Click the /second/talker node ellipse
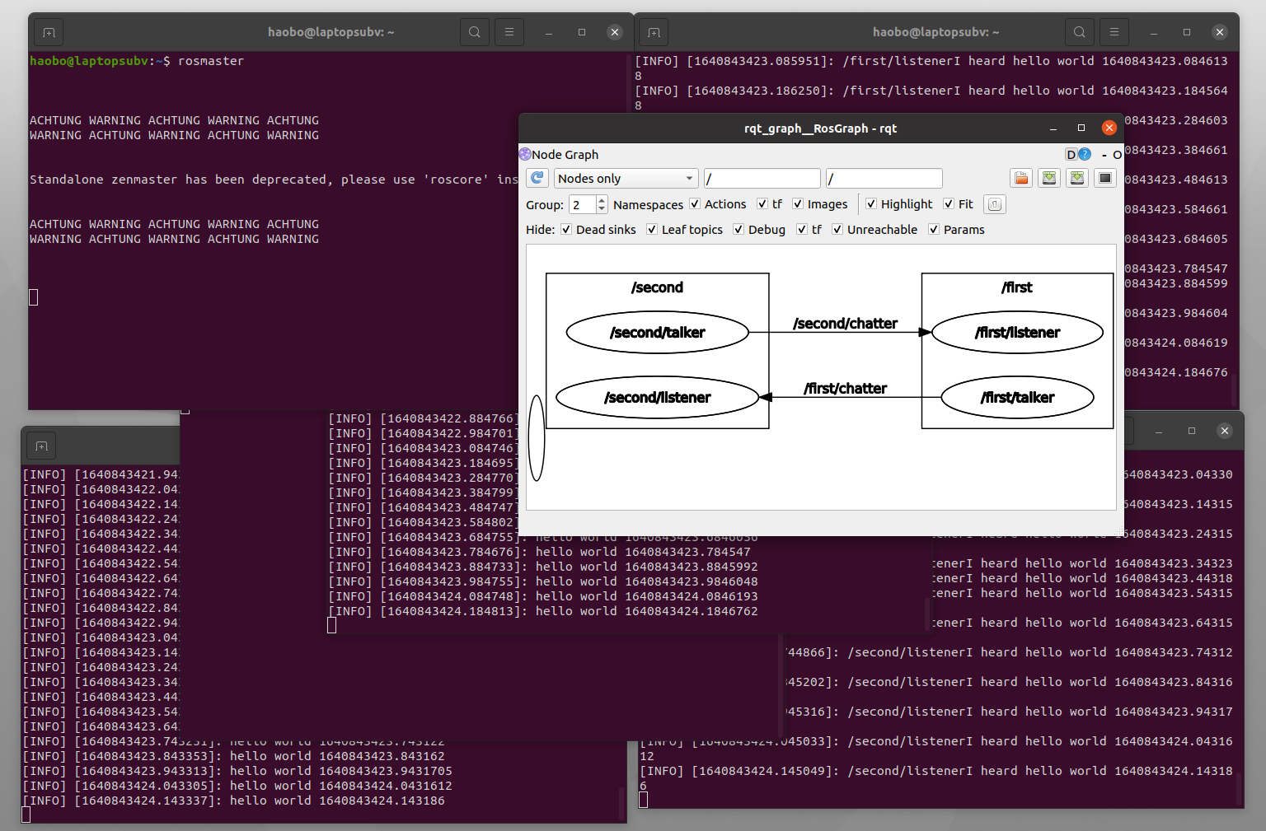click(657, 333)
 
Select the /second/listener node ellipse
click(657, 398)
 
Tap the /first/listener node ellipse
click(1017, 333)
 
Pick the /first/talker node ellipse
click(1017, 398)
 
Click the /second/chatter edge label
click(845, 324)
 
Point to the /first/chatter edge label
click(845, 389)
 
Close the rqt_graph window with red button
click(1109, 128)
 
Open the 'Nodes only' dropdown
click(626, 179)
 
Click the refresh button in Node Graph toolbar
click(537, 178)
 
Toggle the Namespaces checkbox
click(695, 204)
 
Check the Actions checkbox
click(762, 204)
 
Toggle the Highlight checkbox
click(871, 204)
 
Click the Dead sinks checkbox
click(566, 230)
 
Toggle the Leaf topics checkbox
click(652, 230)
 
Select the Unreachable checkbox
click(837, 230)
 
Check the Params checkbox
click(934, 230)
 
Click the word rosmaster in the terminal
click(211, 61)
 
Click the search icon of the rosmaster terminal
click(474, 32)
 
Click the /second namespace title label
click(657, 287)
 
